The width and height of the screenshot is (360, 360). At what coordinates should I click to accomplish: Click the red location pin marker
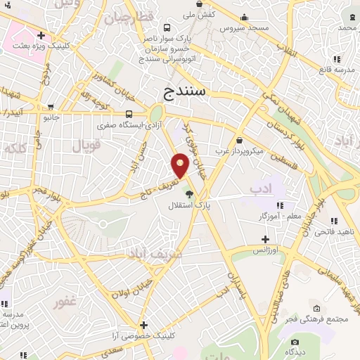point(181,165)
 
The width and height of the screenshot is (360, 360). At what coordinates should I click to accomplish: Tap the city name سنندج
point(184,91)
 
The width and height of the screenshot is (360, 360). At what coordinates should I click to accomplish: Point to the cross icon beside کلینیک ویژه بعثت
point(41,34)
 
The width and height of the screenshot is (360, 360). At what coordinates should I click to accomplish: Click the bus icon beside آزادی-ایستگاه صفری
point(129,114)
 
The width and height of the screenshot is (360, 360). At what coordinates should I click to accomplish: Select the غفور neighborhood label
point(64,304)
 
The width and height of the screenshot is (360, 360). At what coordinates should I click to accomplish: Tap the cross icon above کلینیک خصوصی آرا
point(143,325)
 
